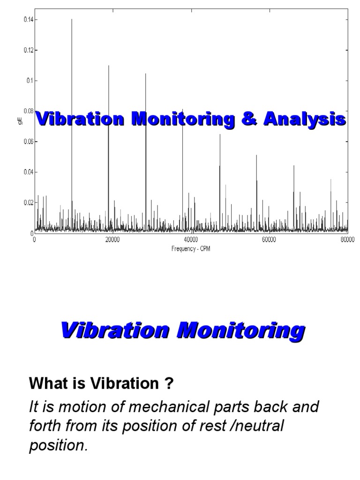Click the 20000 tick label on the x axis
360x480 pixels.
(112, 240)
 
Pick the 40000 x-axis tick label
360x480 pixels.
(191, 240)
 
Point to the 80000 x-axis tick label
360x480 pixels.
(347, 240)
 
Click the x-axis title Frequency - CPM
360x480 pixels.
(191, 249)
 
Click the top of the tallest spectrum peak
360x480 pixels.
(72, 19)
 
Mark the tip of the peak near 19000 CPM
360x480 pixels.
(109, 66)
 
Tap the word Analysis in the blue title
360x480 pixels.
(304, 119)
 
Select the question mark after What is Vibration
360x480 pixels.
(169, 384)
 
